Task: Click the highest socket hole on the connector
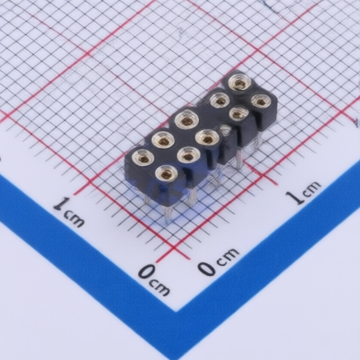pyautogui.click(x=240, y=83)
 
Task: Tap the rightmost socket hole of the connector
pyautogui.click(x=261, y=102)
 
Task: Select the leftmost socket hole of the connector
pyautogui.click(x=143, y=157)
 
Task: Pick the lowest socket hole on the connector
pyautogui.click(x=167, y=174)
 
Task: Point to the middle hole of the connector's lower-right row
pyautogui.click(x=207, y=139)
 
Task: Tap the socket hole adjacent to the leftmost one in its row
pyautogui.click(x=163, y=141)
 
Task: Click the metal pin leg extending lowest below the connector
pyautogui.click(x=168, y=213)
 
